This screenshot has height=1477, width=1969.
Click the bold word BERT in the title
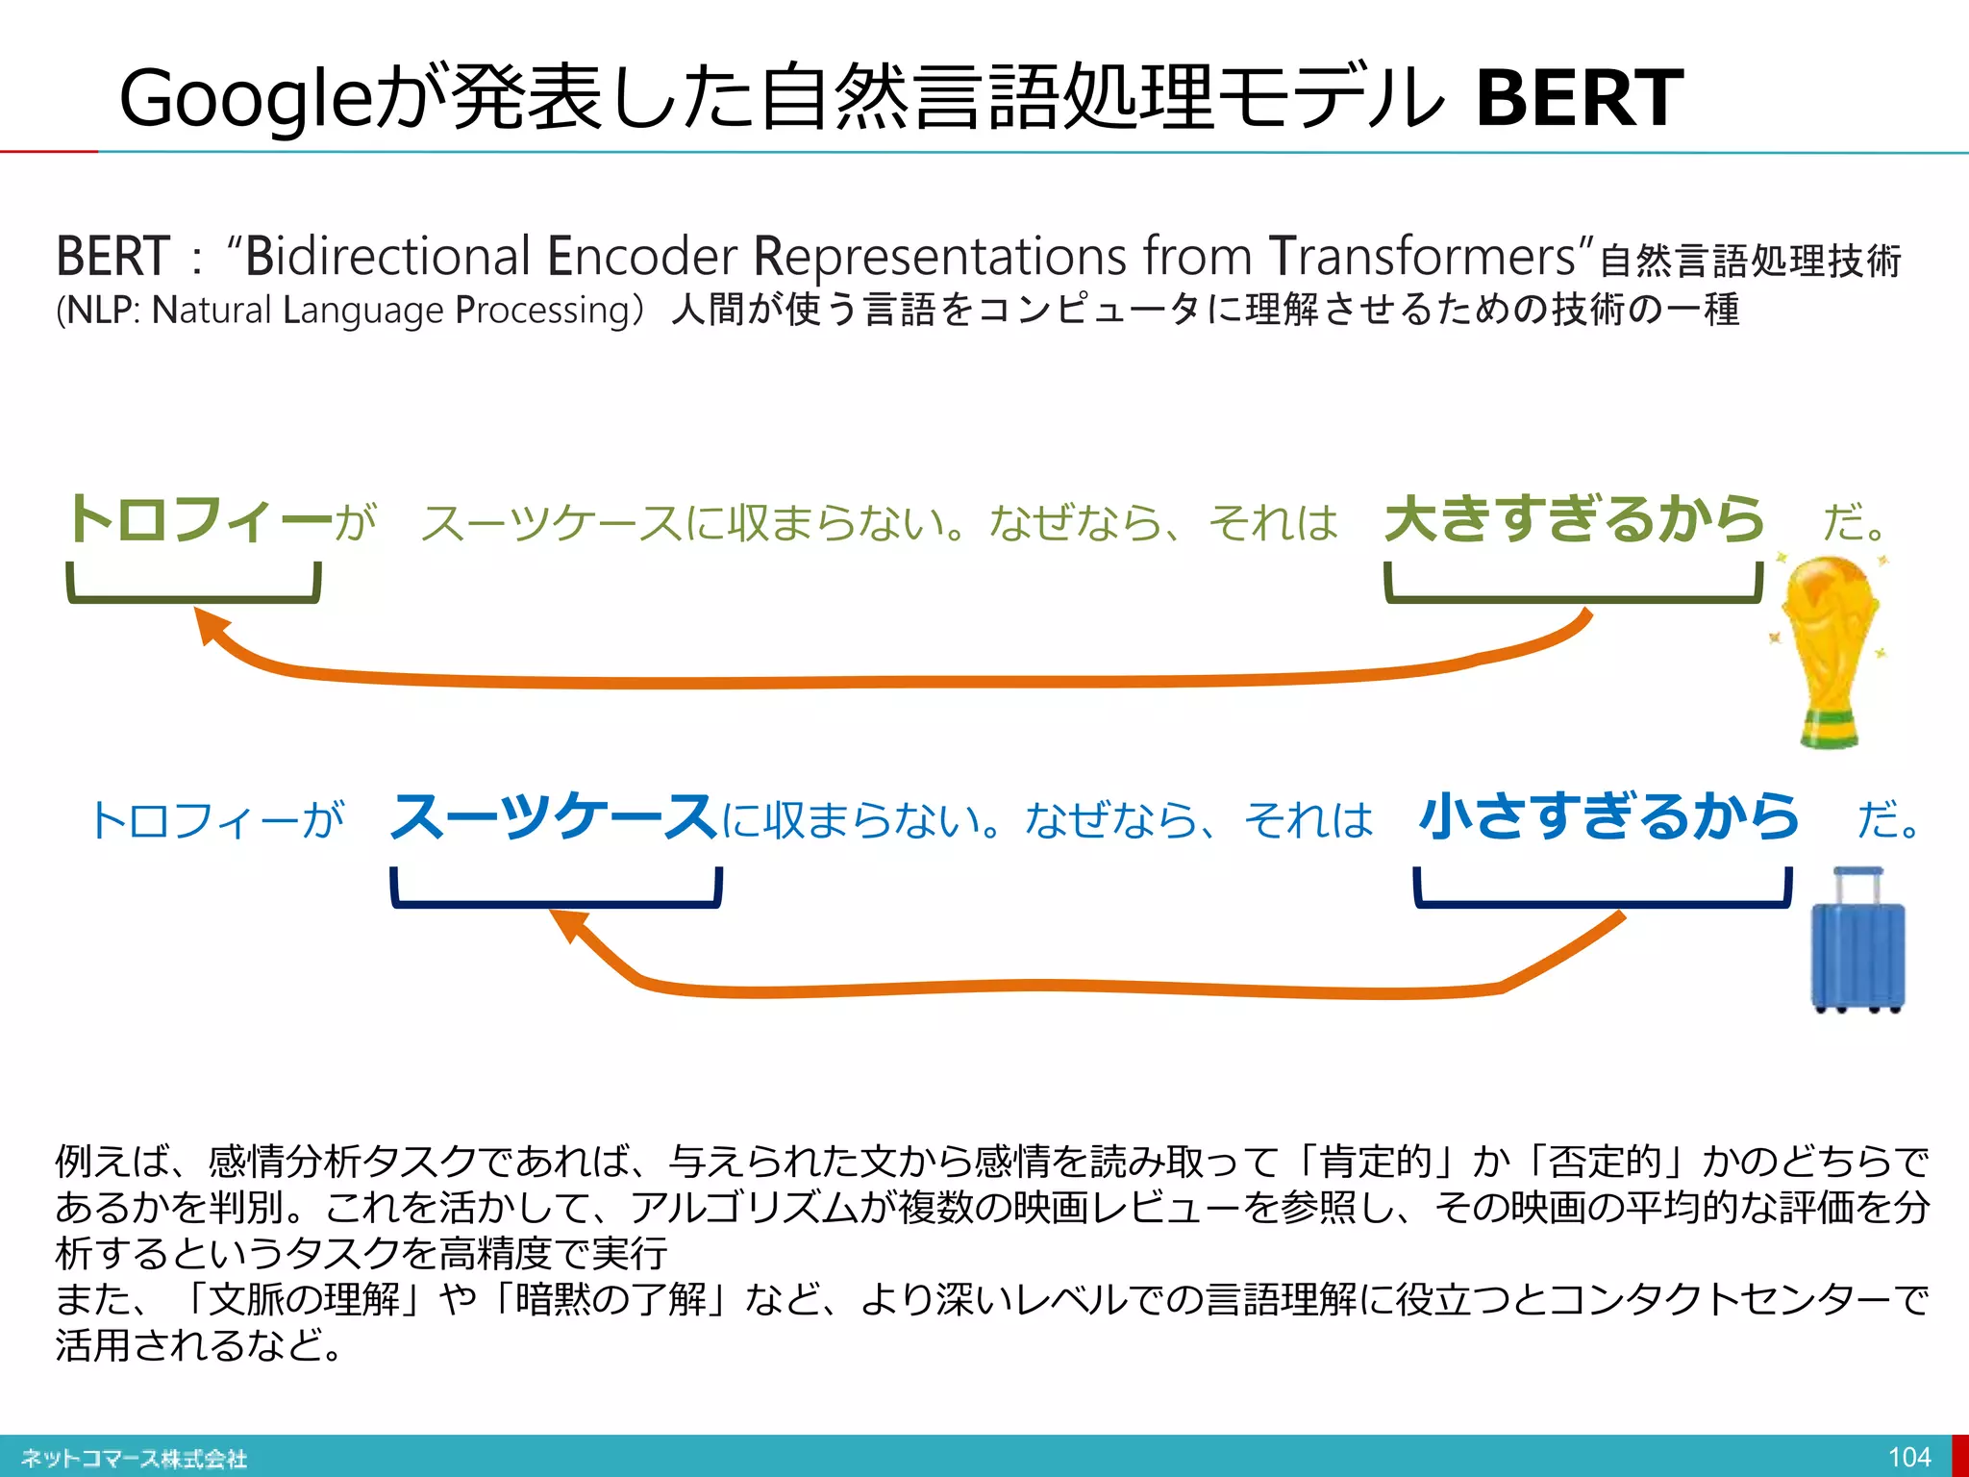pos(1579,98)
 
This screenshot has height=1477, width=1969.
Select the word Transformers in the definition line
pos(1423,257)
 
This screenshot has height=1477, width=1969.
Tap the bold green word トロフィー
pos(200,520)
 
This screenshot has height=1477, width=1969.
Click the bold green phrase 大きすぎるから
pos(1574,520)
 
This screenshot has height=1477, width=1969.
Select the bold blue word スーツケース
pos(553,818)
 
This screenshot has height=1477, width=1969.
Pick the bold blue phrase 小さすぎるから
pos(1608,818)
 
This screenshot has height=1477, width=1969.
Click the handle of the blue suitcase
pos(1857,875)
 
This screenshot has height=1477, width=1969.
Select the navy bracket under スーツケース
pos(556,901)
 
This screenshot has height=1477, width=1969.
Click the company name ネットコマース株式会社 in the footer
pos(135,1458)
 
